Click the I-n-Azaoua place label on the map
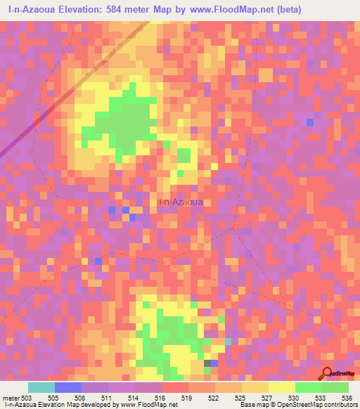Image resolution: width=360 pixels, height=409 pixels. [181, 202]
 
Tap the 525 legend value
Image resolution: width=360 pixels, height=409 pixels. [241, 396]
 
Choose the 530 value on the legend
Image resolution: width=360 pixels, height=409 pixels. [295, 396]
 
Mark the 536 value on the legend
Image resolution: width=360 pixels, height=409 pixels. [348, 396]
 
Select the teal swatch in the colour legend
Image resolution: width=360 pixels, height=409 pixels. [41, 387]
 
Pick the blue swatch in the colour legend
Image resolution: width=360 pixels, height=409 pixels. [68, 387]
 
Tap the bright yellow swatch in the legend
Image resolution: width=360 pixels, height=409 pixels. [281, 387]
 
